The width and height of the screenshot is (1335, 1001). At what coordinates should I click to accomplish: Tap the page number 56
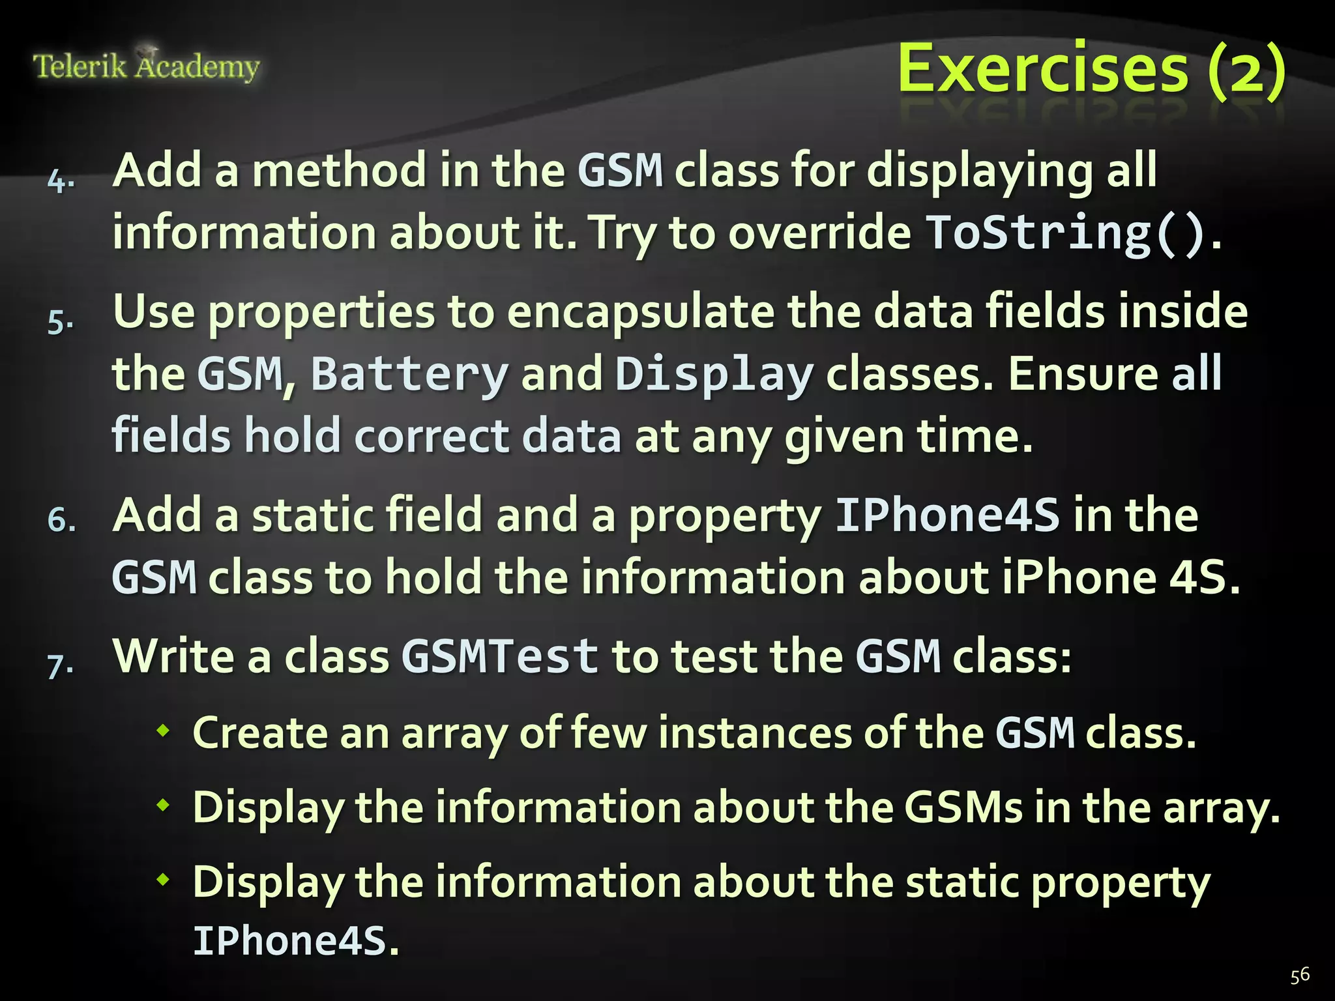pyautogui.click(x=1299, y=975)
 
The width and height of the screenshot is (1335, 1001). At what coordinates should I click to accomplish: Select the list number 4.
pyautogui.click(x=61, y=180)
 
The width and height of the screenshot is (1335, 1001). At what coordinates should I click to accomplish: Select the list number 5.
pyautogui.click(x=61, y=321)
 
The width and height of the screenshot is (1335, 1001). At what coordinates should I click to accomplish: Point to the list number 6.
pyautogui.click(x=61, y=520)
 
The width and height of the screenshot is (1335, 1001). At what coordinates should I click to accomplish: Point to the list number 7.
pyautogui.click(x=61, y=665)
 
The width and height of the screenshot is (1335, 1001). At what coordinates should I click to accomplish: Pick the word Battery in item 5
pyautogui.click(x=409, y=374)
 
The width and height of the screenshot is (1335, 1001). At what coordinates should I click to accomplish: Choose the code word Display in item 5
pyautogui.click(x=714, y=374)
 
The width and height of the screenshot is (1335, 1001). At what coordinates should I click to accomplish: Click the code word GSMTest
pyautogui.click(x=500, y=656)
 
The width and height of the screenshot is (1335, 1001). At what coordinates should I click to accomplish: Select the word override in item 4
pyautogui.click(x=819, y=233)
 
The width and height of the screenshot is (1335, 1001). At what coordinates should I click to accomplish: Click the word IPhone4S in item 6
pyautogui.click(x=947, y=515)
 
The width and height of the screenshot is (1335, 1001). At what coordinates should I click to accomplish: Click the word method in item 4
pyautogui.click(x=339, y=171)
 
